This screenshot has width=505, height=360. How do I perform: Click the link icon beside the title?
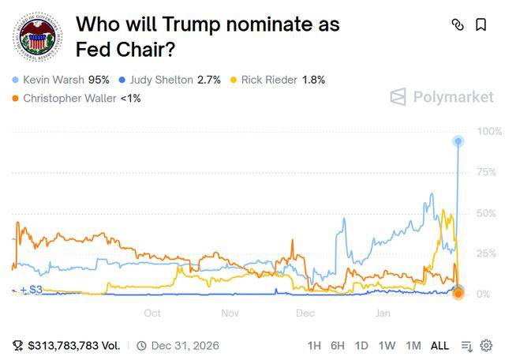458,24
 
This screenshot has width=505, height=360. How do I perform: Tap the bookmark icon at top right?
481,24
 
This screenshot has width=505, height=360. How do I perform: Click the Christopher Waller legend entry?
76,98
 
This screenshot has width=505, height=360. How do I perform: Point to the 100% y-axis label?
489,131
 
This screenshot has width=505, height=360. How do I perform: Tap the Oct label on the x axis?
152,313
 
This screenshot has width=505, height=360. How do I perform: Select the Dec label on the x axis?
305,313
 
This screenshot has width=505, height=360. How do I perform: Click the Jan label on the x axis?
383,313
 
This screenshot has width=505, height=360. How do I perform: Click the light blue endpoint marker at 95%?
458,141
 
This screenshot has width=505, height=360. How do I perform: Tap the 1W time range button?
387,346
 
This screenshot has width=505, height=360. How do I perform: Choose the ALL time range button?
440,346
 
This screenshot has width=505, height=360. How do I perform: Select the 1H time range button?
314,346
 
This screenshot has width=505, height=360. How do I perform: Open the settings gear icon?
486,346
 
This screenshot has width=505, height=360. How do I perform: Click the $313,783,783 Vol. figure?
73,346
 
